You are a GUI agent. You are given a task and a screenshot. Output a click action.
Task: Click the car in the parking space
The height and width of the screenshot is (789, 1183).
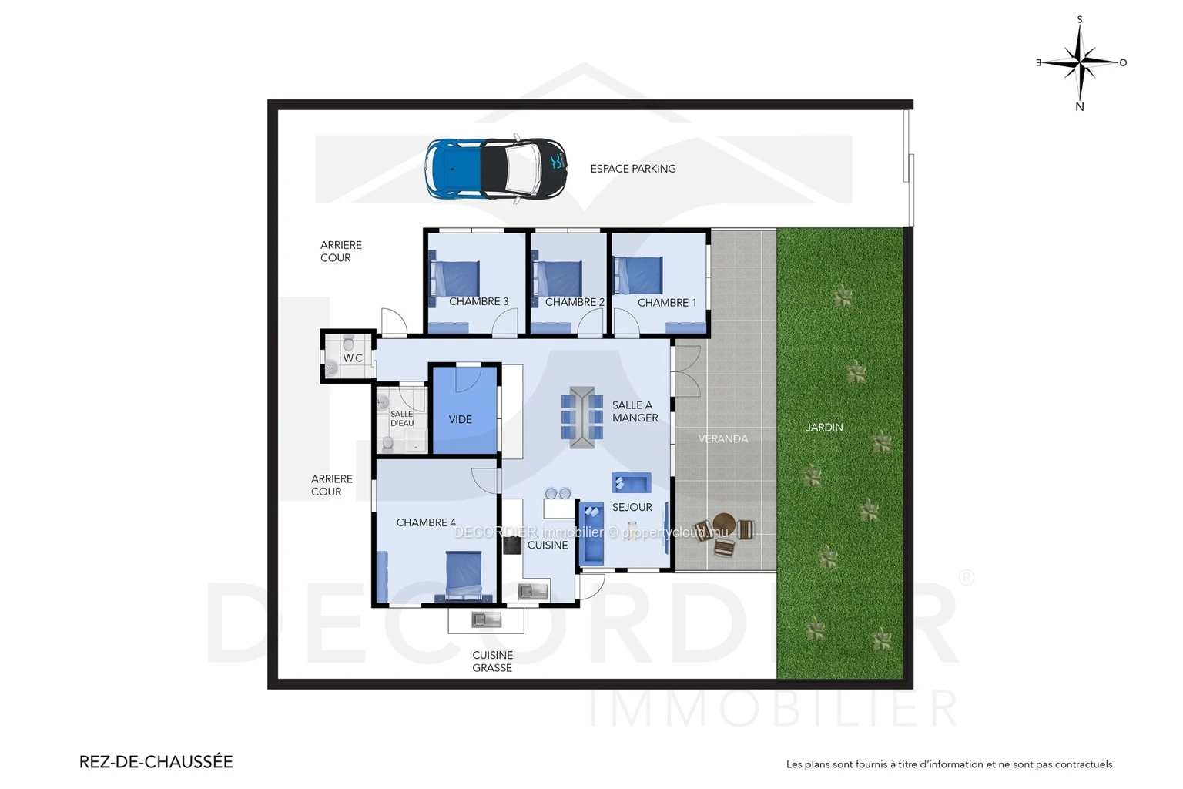coord(496,169)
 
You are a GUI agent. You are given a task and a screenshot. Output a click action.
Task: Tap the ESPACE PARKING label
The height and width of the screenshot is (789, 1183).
coord(632,169)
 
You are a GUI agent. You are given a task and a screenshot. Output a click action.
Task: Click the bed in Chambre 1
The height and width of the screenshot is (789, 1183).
coord(638,275)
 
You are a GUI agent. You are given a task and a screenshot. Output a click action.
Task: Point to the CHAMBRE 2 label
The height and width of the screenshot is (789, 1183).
coord(575,302)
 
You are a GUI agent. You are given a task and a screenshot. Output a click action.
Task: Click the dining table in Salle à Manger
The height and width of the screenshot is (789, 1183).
coord(582,418)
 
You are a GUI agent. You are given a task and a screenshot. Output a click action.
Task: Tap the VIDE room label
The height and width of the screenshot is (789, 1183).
coord(460,420)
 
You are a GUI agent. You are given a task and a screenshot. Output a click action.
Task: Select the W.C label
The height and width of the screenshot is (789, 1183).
coord(353,358)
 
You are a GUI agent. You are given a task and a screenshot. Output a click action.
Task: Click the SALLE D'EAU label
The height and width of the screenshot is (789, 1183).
coord(402,418)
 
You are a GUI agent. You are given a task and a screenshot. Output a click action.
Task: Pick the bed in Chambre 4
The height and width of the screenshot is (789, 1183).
coord(464,576)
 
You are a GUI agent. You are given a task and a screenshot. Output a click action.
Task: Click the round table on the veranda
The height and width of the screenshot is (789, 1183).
coord(723,524)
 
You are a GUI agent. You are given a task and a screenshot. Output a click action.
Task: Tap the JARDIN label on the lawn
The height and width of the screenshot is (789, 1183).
coord(824,428)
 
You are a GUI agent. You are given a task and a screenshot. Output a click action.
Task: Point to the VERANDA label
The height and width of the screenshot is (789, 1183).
coord(723,439)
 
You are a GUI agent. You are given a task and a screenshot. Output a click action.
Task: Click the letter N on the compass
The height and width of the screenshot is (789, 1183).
coord(1080,107)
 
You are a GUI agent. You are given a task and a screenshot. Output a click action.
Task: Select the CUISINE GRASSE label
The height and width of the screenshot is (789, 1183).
coord(492,662)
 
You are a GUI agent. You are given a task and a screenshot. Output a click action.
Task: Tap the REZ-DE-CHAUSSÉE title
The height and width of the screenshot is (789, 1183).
coord(156,762)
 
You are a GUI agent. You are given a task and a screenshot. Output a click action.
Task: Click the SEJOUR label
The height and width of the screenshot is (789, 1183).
coord(632,508)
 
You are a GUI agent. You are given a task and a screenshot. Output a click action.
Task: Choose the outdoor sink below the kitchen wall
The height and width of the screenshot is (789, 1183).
coord(487,619)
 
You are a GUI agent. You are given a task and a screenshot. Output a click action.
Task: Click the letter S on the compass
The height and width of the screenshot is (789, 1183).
coord(1080,19)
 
